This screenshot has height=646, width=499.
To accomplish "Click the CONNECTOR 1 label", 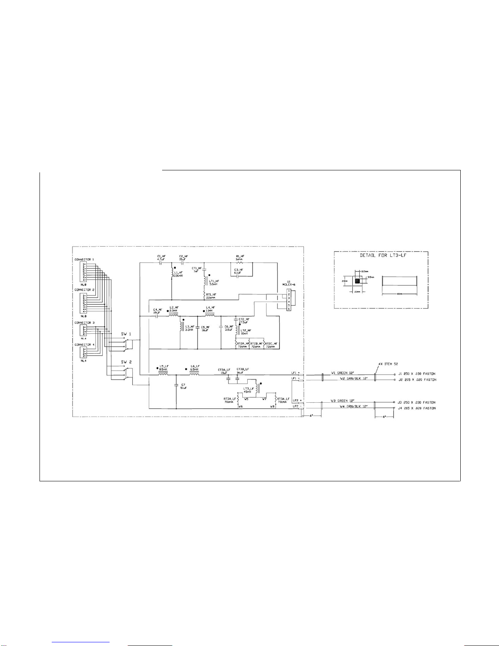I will coord(84,260).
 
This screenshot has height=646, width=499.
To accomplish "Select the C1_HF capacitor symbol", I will coord(160,263).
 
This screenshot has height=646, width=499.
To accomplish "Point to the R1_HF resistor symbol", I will coord(240,263).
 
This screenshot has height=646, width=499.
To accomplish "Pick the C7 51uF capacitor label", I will coord(183,386).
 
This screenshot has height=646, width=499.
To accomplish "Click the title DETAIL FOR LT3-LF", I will coord(380,256).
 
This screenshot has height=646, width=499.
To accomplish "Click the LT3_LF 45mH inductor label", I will coord(248,390).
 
